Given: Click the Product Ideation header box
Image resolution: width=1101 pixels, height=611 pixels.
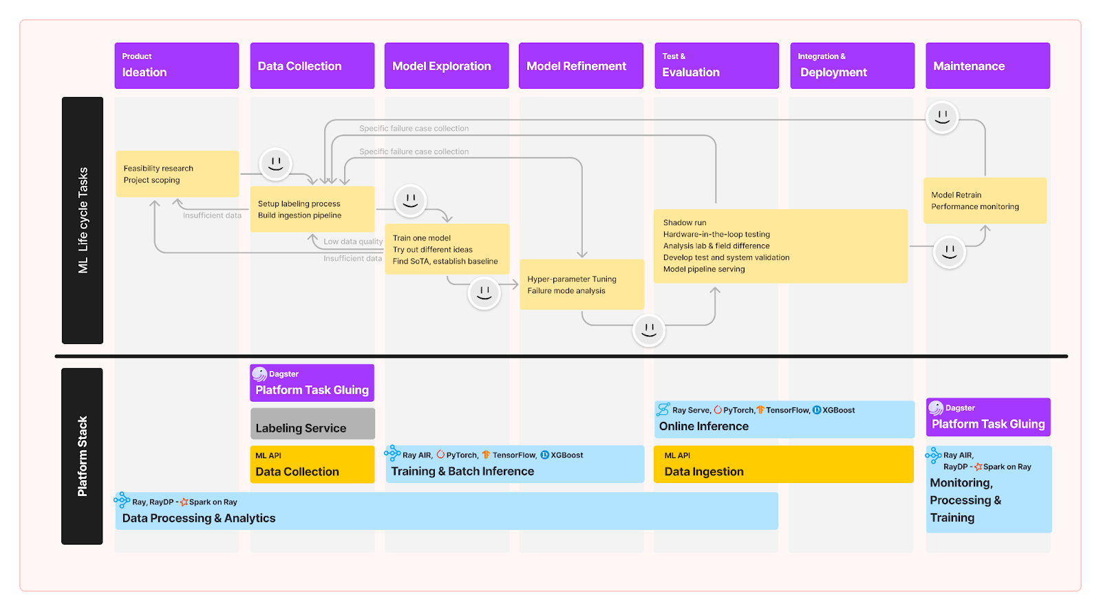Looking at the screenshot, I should (176, 66).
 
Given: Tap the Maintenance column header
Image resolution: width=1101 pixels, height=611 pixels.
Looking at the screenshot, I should (987, 66).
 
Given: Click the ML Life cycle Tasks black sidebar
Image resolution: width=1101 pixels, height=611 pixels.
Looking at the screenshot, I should (83, 220).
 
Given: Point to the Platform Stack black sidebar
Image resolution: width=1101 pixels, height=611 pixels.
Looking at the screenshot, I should (82, 456).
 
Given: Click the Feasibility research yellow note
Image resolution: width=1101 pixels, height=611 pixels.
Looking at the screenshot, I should (177, 174).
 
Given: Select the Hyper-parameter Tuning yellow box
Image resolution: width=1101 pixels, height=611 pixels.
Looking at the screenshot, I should (581, 285).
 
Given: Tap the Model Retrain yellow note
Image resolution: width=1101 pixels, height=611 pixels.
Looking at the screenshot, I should (984, 201).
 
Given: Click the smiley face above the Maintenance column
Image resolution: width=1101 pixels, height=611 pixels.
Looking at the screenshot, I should (942, 117).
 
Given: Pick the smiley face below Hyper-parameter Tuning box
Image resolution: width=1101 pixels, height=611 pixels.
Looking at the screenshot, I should (648, 330).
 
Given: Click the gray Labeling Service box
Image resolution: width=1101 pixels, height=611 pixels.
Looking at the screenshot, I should (312, 424).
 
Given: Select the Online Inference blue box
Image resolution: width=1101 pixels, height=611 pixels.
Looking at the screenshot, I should (784, 420).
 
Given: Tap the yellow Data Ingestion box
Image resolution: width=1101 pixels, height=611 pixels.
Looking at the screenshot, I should (783, 464).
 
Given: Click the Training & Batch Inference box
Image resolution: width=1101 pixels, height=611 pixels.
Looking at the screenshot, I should (515, 464).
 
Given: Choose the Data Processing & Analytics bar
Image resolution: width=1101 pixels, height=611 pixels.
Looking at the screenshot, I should (446, 511).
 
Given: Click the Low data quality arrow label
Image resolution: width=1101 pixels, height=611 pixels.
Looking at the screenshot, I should (353, 242).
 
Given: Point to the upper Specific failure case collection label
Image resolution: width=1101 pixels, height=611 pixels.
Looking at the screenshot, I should (414, 129).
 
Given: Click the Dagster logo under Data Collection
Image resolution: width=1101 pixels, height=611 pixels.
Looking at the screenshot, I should (259, 374).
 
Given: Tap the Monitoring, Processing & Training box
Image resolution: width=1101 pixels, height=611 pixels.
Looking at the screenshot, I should (988, 490).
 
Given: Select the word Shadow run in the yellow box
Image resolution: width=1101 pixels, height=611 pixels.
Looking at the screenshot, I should (685, 223).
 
